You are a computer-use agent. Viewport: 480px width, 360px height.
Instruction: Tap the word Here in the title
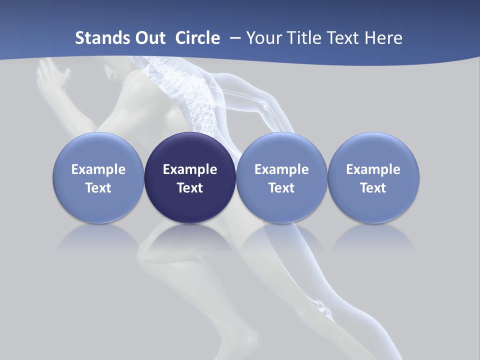click(x=384, y=38)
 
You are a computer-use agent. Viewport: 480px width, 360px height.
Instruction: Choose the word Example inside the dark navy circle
click(x=190, y=169)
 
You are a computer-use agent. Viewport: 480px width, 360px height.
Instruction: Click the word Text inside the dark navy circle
click(x=190, y=188)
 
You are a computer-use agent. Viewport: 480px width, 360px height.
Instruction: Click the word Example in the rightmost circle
click(x=373, y=169)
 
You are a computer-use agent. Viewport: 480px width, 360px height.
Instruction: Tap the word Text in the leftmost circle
click(x=98, y=188)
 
